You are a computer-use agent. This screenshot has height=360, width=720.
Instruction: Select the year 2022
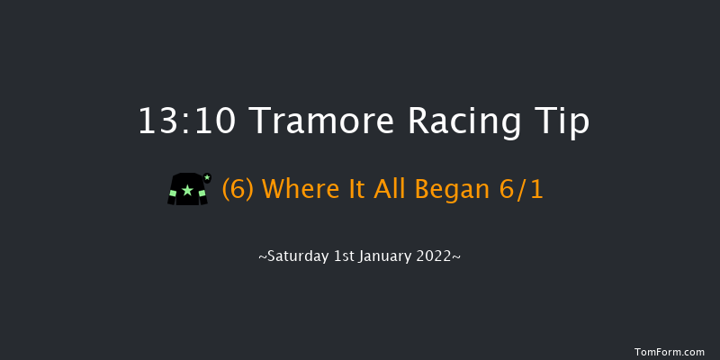point(437,256)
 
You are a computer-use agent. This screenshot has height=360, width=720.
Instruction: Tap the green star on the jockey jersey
point(187,191)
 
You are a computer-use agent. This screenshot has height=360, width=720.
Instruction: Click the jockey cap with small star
point(207,177)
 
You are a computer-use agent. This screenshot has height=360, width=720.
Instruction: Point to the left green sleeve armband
point(172,193)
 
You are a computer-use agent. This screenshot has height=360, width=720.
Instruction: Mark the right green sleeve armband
point(202,193)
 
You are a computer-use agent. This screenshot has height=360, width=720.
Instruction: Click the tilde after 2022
point(458,256)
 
